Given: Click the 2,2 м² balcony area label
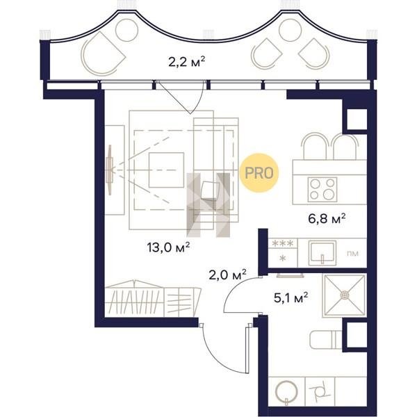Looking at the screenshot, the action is point(187,62).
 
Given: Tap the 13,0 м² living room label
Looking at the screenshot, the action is point(168,247).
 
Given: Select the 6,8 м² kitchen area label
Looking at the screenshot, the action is point(327,219).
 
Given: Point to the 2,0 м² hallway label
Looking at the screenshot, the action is point(228,275).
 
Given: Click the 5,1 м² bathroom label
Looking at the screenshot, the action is point(291,298).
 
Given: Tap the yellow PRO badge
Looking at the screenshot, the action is point(259,173).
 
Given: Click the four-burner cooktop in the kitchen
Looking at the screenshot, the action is point(322,189).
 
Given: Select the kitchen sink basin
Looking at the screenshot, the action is point(322,253).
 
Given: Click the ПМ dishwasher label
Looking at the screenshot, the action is point(352,254).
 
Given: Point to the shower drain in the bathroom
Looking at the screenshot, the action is point(345,295).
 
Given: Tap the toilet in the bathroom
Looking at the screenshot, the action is point(326,340).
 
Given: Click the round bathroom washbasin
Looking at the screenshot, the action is point(286,391).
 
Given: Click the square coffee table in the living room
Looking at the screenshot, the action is point(166,170).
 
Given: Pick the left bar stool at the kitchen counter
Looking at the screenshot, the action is point(315,146).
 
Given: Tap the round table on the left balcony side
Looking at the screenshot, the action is point(127,30).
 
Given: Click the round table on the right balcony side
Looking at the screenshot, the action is point(291,30).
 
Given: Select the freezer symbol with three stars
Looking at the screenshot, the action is point(283,243).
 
